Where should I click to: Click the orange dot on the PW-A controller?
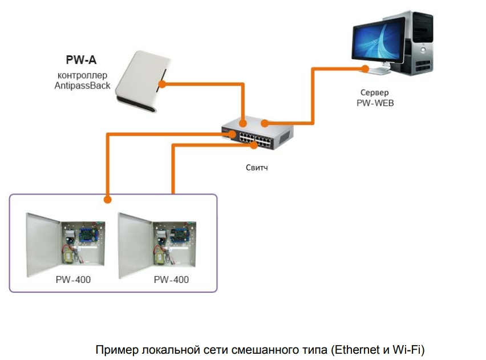pyautogui.click(x=162, y=84)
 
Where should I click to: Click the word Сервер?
pyautogui.click(x=375, y=92)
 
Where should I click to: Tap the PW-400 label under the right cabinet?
pyautogui.click(x=171, y=280)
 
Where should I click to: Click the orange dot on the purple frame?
pyautogui.click(x=107, y=200)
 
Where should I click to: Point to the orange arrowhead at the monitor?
pyautogui.click(x=363, y=68)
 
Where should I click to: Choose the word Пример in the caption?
pyautogui.click(x=113, y=349)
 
